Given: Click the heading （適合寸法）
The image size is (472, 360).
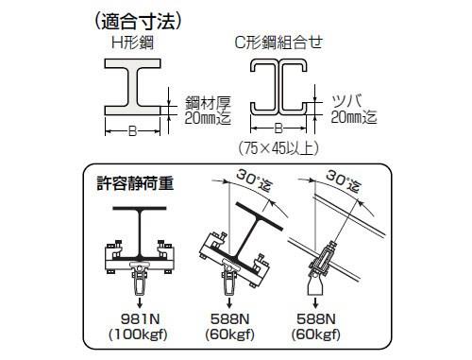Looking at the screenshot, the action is pyautogui.click(x=138, y=22).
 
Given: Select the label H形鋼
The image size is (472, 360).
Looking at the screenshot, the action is pyautogui.click(x=132, y=43).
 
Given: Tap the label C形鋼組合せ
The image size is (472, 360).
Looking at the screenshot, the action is pyautogui.click(x=278, y=43).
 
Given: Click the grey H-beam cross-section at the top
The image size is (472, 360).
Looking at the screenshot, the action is pyautogui.click(x=132, y=87).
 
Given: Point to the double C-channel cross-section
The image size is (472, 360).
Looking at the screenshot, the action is pyautogui.click(x=278, y=87).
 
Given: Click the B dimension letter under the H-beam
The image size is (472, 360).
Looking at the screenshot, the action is pyautogui.click(x=132, y=130).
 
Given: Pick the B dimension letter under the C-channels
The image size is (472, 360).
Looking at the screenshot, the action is pyautogui.click(x=278, y=129).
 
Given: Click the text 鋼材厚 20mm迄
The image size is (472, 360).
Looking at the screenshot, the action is pyautogui.click(x=208, y=110).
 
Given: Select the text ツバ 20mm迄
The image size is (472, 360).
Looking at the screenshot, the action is pyautogui.click(x=354, y=109).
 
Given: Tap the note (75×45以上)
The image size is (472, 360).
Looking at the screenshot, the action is pyautogui.click(x=278, y=148).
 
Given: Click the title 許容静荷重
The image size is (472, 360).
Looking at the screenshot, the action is pyautogui.click(x=135, y=183).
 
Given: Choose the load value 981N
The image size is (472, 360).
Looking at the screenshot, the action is pyautogui.click(x=141, y=319).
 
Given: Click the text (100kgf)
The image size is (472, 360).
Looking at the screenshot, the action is pyautogui.click(x=138, y=334).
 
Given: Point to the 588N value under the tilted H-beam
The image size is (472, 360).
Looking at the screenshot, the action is pyautogui.click(x=229, y=319).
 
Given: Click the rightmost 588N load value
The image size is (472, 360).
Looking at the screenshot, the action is pyautogui.click(x=316, y=319).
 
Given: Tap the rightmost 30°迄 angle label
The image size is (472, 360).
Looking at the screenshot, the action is pyautogui.click(x=344, y=180).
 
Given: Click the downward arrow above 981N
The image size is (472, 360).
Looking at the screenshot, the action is pyautogui.click(x=140, y=303).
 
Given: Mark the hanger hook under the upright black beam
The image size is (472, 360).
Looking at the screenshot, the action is pyautogui.click(x=140, y=279).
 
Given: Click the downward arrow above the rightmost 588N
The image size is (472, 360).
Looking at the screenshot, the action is pyautogui.click(x=315, y=303).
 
